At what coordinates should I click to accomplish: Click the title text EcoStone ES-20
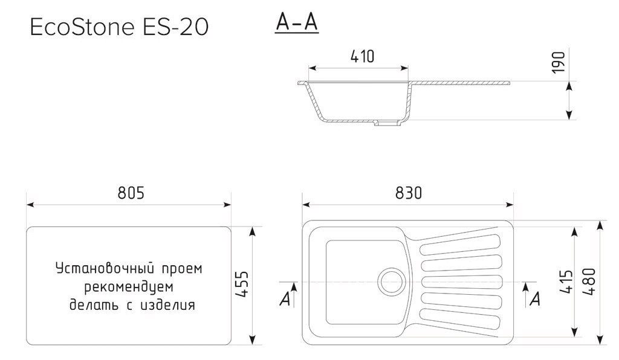(120, 27)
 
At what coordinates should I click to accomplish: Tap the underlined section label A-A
(296, 22)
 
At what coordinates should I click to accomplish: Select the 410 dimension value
(362, 56)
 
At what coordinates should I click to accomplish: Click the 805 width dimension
(130, 193)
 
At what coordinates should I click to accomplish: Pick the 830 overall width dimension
(409, 193)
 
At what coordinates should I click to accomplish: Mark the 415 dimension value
(566, 281)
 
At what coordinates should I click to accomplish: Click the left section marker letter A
(285, 299)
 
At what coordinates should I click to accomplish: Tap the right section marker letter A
(534, 299)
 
